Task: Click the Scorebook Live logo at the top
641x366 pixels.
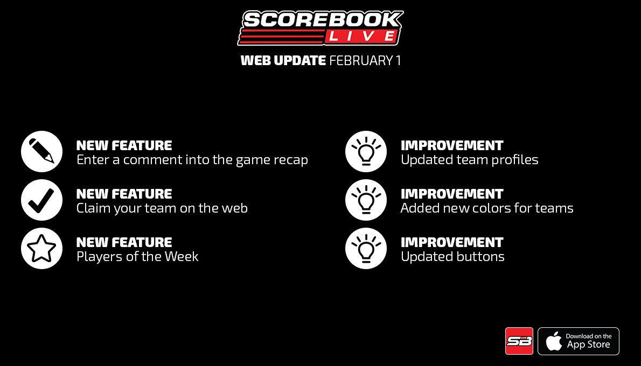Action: [320, 28]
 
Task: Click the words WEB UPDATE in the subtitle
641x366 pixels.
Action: [283, 61]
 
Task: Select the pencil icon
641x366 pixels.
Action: [42, 152]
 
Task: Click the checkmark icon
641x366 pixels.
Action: [42, 200]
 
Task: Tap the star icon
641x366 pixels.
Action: [42, 249]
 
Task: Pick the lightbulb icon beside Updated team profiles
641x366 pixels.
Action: [366, 152]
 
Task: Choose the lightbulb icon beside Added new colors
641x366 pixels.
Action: [366, 200]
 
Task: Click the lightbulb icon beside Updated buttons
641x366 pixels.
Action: [366, 249]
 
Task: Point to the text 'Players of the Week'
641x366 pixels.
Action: [137, 257]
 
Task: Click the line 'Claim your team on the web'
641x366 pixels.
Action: [162, 208]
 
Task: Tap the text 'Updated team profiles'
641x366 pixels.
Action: [469, 160]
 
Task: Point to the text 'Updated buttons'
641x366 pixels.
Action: [452, 257]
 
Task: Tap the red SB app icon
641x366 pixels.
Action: [519, 341]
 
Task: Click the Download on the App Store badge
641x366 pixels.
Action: [579, 341]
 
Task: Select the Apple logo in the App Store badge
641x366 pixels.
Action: [553, 341]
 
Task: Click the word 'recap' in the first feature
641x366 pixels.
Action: [290, 160]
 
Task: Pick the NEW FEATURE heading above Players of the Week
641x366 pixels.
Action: [124, 242]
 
